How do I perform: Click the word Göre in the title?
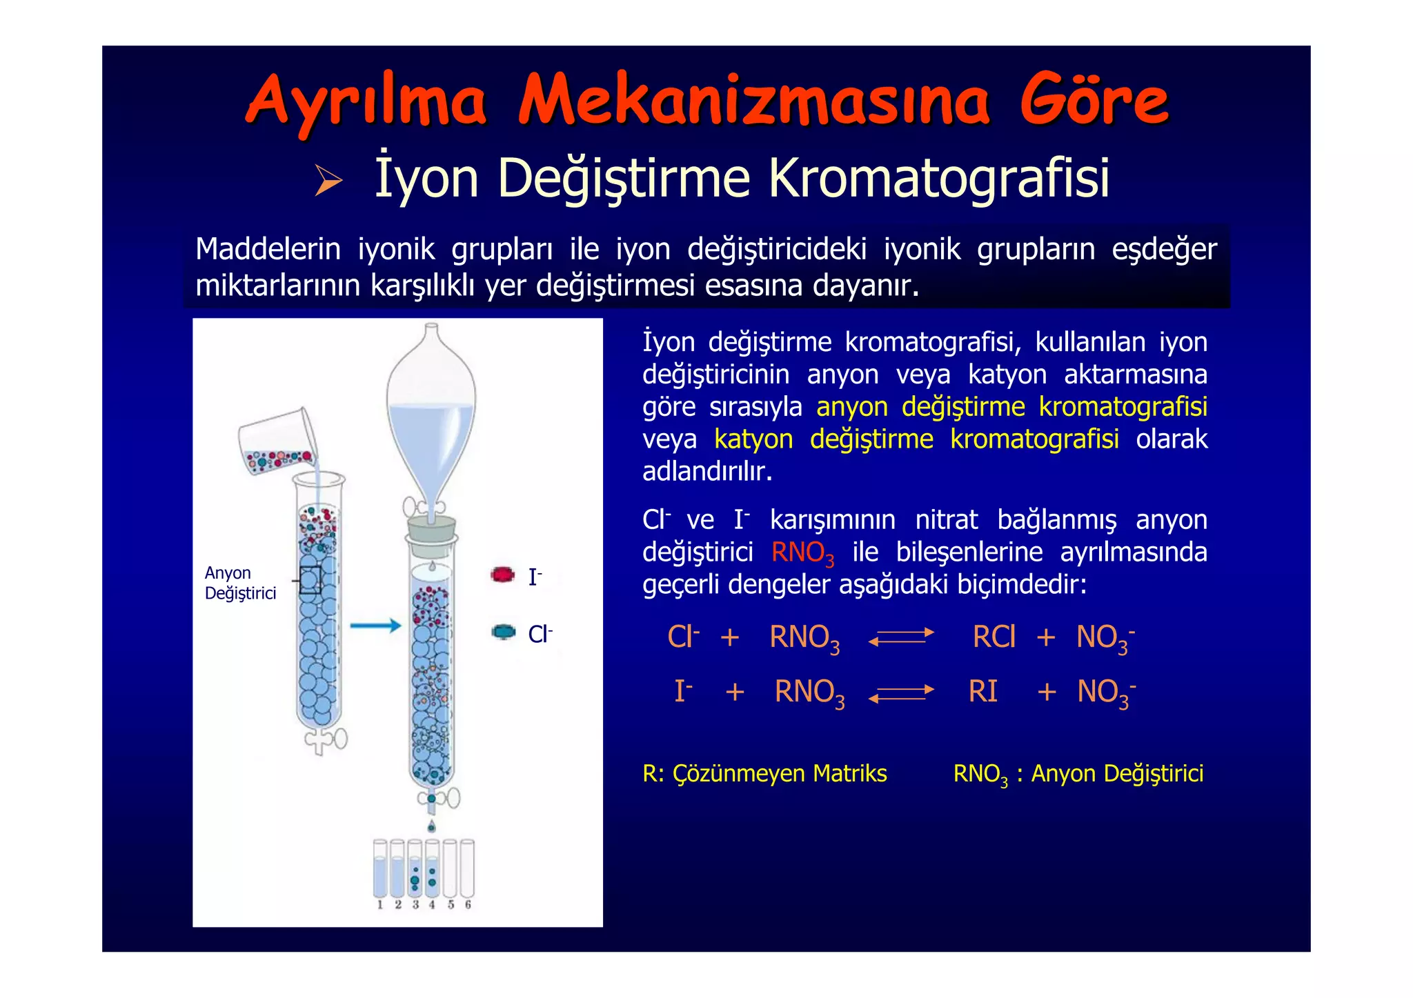coord(1094,101)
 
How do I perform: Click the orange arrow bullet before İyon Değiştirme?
coord(328,181)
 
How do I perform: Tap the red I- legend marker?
coord(503,575)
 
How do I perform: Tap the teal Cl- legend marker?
coord(504,632)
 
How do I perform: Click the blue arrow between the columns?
coord(375,626)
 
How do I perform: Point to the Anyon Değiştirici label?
coord(240,583)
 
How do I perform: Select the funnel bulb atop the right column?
coord(431,407)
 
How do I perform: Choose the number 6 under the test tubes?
coord(468,905)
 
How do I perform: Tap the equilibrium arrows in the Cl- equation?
coord(901,637)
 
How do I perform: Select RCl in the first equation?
coord(994,637)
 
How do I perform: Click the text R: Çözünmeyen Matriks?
coord(764,774)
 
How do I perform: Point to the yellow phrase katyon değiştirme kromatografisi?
coord(916,439)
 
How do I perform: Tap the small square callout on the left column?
coord(310,580)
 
